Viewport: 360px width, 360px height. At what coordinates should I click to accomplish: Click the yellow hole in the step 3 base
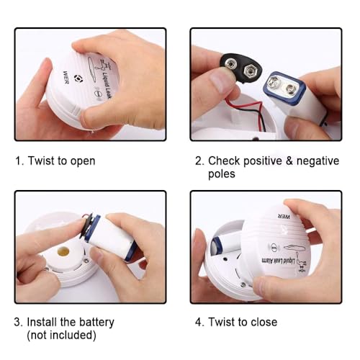point(63,253)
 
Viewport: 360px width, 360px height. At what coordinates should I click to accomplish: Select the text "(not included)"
point(63,336)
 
